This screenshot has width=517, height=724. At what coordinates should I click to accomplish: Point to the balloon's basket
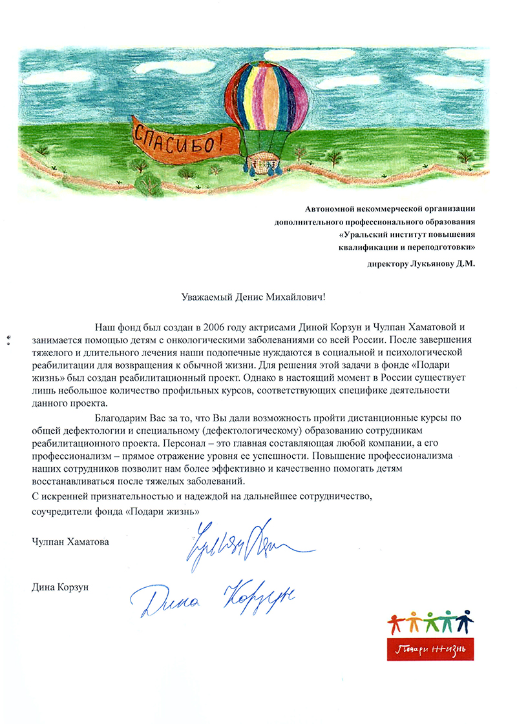click(262, 161)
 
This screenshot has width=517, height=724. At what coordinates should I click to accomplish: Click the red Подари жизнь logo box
click(430, 647)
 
